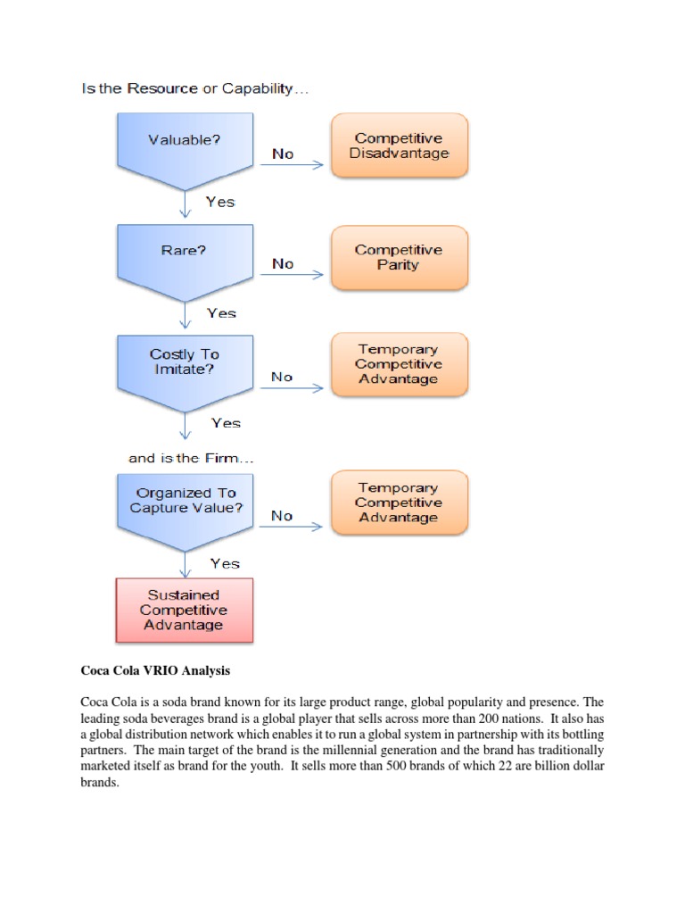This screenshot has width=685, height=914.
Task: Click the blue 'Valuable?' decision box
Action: tap(185, 146)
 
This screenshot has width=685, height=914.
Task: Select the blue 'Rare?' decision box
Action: tap(185, 256)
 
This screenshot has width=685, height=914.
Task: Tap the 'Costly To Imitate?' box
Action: tap(185, 366)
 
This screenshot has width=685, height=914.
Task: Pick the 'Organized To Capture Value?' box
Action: tap(185, 505)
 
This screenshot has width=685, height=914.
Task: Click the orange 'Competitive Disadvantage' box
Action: tap(399, 145)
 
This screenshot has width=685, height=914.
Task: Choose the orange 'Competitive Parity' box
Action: tap(399, 257)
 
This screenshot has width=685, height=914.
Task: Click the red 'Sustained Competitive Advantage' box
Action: tap(185, 610)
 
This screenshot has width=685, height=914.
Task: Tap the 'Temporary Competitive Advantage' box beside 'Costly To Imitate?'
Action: tap(399, 364)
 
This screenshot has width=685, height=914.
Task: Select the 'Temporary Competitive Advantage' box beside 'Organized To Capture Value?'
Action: tap(399, 503)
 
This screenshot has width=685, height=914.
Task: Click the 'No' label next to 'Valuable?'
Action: tap(283, 154)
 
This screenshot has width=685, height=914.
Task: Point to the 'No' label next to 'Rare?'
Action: tap(283, 263)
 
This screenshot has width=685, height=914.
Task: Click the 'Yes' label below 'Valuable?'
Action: tap(220, 202)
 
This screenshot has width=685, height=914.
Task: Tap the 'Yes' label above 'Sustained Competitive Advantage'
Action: tap(225, 563)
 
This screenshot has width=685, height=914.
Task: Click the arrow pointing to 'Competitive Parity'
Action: tap(298, 275)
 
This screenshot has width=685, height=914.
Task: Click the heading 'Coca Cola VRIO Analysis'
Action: tap(156, 670)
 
